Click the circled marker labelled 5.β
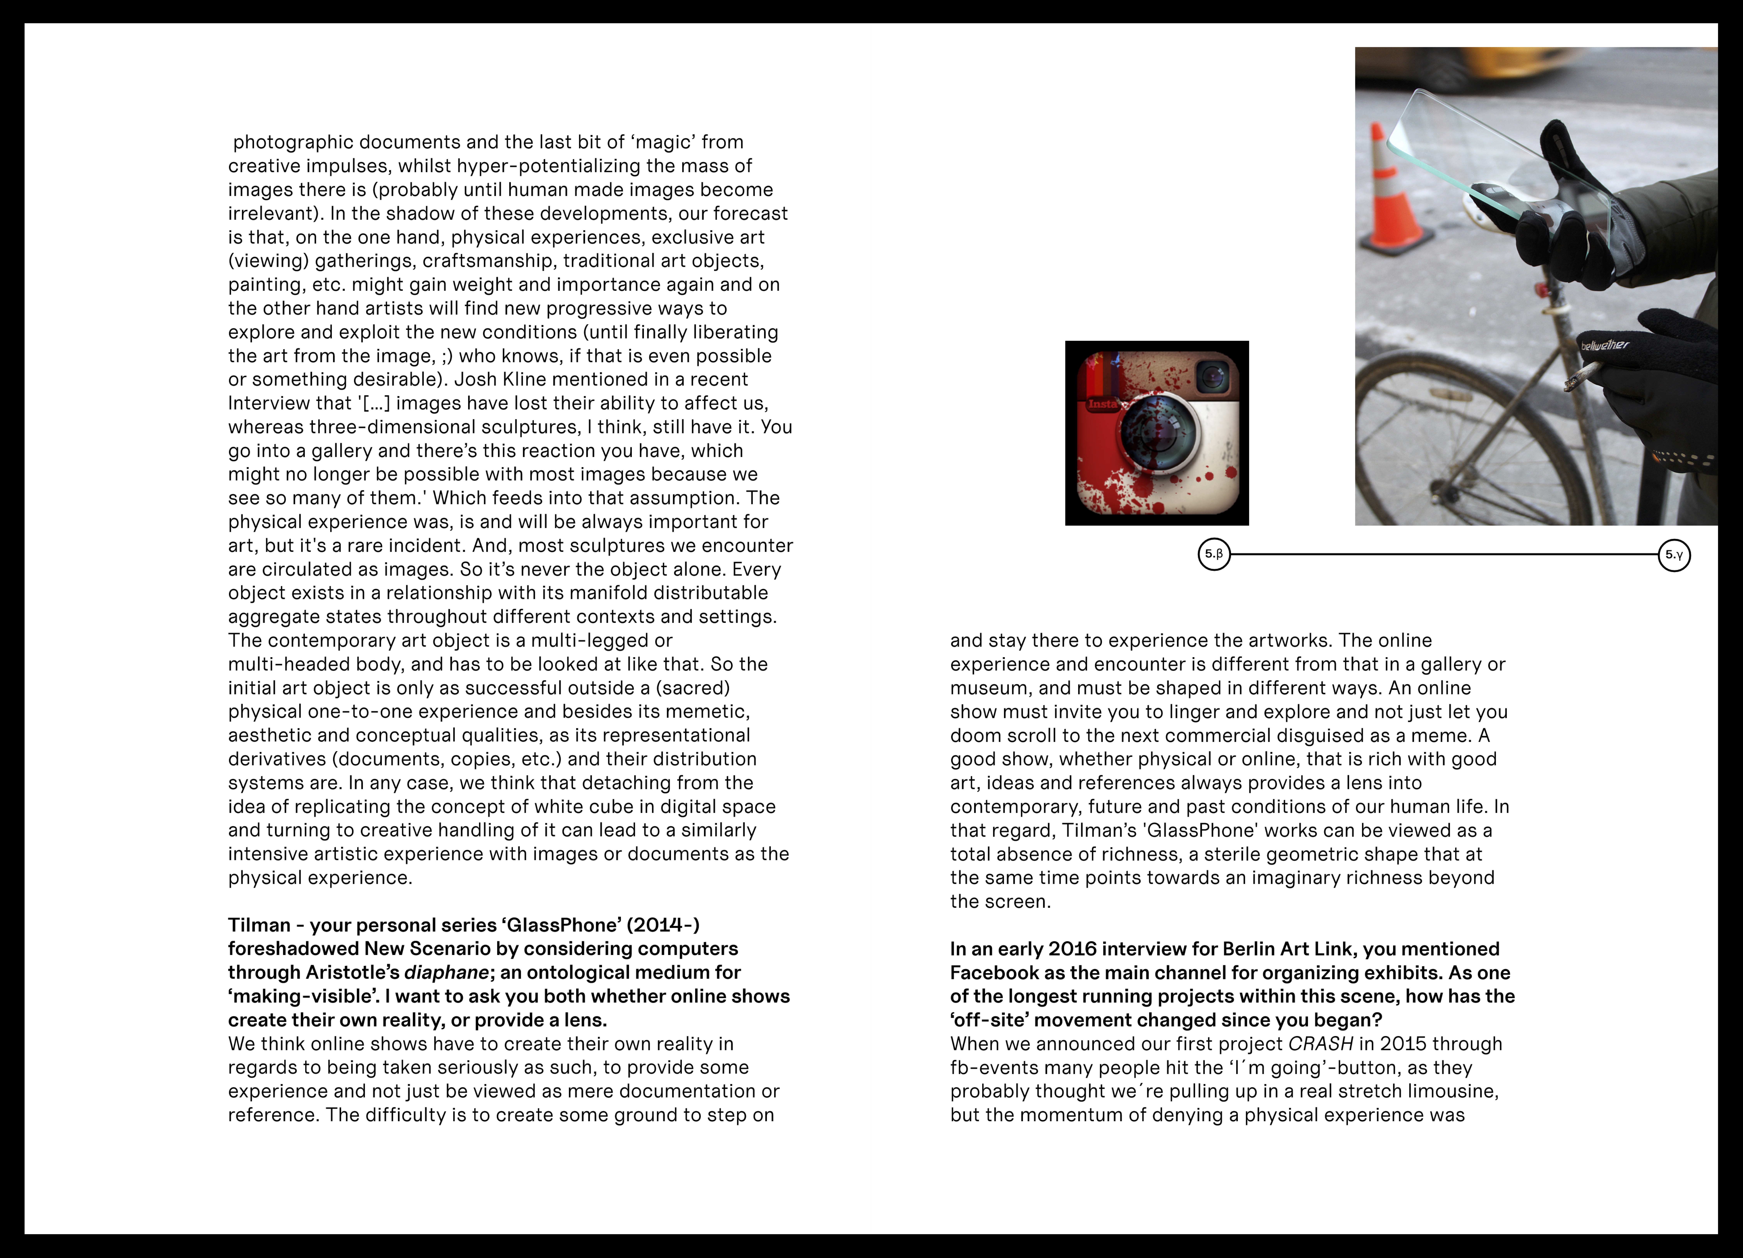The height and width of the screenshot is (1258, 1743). (1213, 554)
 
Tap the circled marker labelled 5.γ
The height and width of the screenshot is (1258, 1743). (1674, 554)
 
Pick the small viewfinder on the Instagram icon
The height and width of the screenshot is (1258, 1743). (1213, 377)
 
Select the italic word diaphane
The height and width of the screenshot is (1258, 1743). (446, 973)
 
